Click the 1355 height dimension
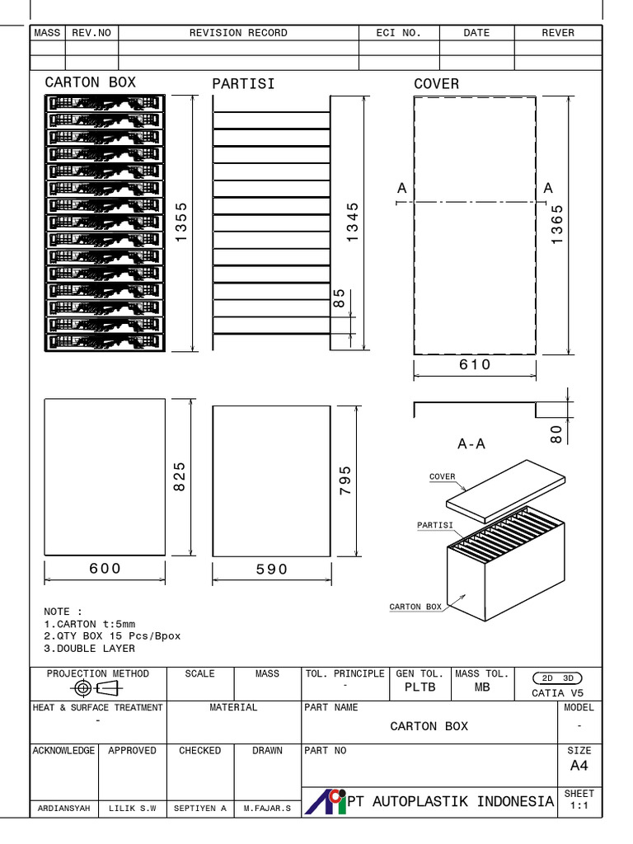pos(181,223)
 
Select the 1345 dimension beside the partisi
pos(353,222)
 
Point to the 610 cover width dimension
pos(475,364)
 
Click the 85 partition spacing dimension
pos(339,298)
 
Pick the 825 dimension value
pos(181,476)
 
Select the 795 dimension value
pos(345,481)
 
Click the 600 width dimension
pos(105,569)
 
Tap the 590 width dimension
pos(272,570)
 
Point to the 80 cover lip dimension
pos(556,433)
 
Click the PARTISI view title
pos(243,84)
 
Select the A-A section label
pos(471,444)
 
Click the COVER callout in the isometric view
pos(442,476)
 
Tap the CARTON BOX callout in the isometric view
pos(415,607)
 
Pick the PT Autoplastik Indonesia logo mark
pos(326,801)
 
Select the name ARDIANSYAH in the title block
pos(63,809)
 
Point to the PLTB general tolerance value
pos(420,687)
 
